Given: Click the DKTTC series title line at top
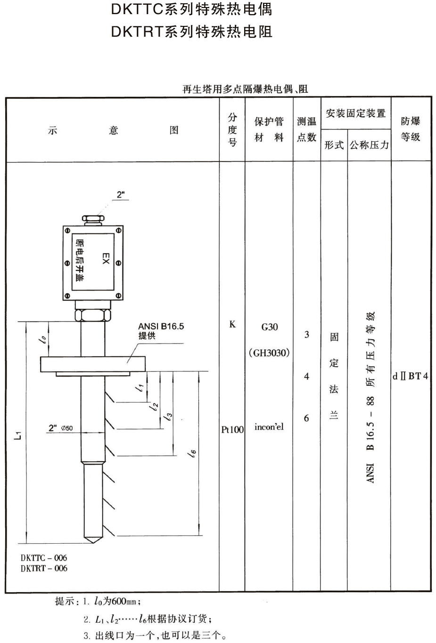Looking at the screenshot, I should pyautogui.click(x=191, y=9).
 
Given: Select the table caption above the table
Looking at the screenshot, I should pyautogui.click(x=245, y=89).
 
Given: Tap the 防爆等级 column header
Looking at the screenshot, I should pyautogui.click(x=411, y=129).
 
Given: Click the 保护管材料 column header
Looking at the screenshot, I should pyautogui.click(x=269, y=129).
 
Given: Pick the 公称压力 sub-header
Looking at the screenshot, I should pyautogui.click(x=369, y=145).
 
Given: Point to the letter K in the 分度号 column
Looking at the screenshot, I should pyautogui.click(x=232, y=324).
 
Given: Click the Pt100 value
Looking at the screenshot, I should pyautogui.click(x=232, y=429).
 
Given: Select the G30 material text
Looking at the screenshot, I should pyautogui.click(x=269, y=327).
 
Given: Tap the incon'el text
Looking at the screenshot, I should pyautogui.click(x=269, y=427).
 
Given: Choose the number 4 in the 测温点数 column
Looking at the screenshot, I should pyautogui.click(x=306, y=376).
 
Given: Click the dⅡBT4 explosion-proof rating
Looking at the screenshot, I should pyautogui.click(x=411, y=376).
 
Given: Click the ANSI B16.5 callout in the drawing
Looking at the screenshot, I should pyautogui.click(x=161, y=326).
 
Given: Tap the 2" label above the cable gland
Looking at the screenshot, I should pyautogui.click(x=122, y=195).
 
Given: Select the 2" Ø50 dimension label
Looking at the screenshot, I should pyautogui.click(x=60, y=428).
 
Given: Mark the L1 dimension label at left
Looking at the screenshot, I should pyautogui.click(x=18, y=435).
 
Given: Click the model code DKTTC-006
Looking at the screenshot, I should pyautogui.click(x=44, y=558).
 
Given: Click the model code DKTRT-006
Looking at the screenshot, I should pyautogui.click(x=44, y=568).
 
